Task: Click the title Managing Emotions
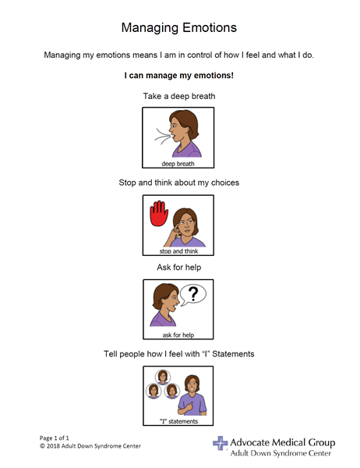click(179, 28)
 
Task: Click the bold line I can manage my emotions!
click(179, 76)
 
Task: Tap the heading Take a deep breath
click(179, 97)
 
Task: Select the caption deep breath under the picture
click(179, 164)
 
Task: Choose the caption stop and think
click(179, 251)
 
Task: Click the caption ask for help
click(179, 335)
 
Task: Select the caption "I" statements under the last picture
click(179, 421)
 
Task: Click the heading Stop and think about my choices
click(179, 183)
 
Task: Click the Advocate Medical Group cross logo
click(221, 444)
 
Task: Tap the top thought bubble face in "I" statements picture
click(163, 377)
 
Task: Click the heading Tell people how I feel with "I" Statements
click(179, 354)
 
